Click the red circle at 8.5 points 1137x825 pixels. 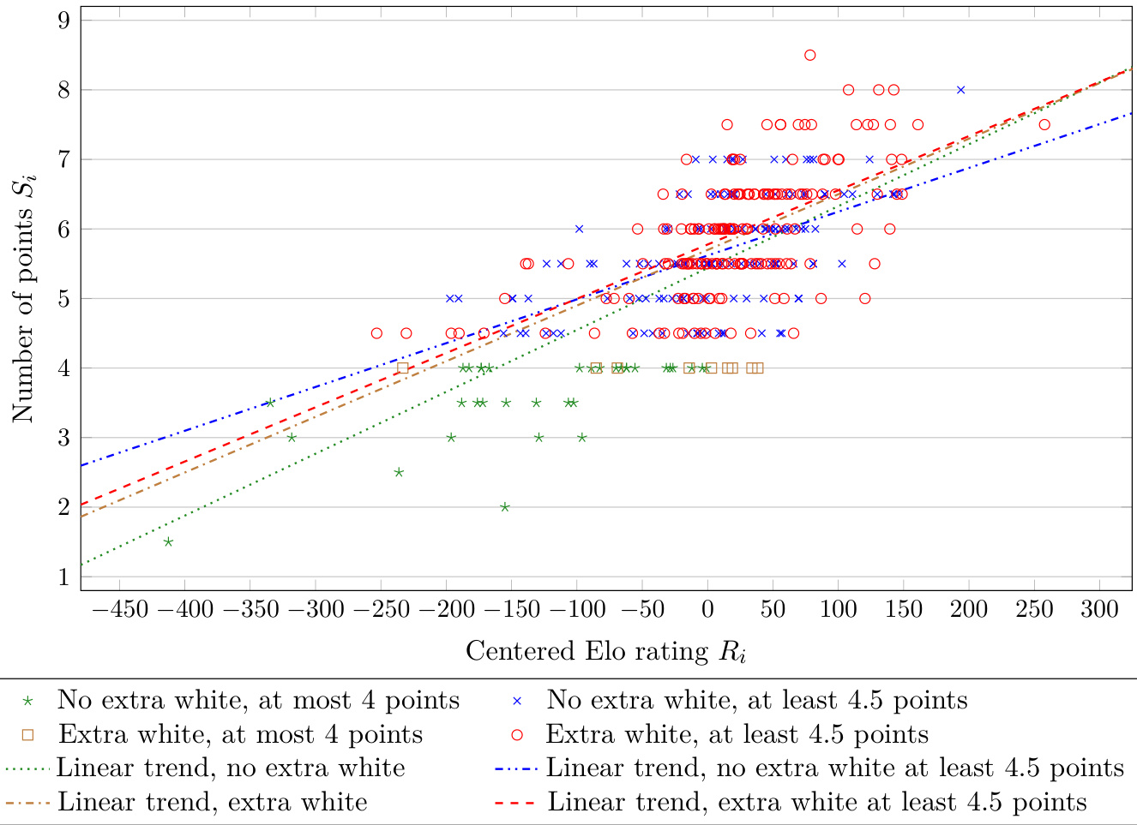pyautogui.click(x=809, y=55)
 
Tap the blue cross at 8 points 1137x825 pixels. pyautogui.click(x=960, y=90)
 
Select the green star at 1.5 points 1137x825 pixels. pyautogui.click(x=168, y=541)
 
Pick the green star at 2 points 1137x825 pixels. pyautogui.click(x=505, y=507)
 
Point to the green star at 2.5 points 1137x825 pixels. pyautogui.click(x=399, y=472)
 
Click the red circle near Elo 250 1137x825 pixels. pyautogui.click(x=1044, y=124)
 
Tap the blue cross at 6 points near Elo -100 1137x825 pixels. pyautogui.click(x=579, y=229)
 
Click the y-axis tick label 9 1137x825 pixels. pyautogui.click(x=64, y=20)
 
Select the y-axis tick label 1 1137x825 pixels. pyautogui.click(x=64, y=577)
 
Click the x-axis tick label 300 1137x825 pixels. pyautogui.click(x=1099, y=610)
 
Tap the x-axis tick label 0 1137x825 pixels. pyautogui.click(x=707, y=610)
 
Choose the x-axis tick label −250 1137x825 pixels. pyautogui.click(x=382, y=610)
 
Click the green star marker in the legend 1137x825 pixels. pyautogui.click(x=28, y=701)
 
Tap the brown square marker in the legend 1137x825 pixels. pyautogui.click(x=28, y=735)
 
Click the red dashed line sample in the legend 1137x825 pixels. pyautogui.click(x=514, y=803)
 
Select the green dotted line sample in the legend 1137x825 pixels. pyautogui.click(x=28, y=768)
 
